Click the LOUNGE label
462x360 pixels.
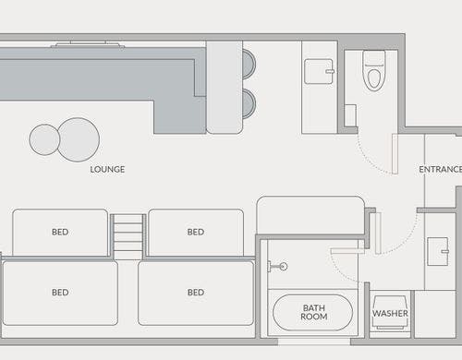coord(107,170)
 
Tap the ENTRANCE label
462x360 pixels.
coord(441,170)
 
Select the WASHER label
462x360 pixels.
coord(390,314)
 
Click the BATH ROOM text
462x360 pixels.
coord(314,312)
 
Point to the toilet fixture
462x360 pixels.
coord(374,70)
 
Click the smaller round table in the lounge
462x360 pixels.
coord(44,139)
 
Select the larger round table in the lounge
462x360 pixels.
coord(79,139)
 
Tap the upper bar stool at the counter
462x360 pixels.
coord(249,65)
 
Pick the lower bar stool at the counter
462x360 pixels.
coord(249,103)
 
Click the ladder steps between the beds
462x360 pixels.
coord(128,237)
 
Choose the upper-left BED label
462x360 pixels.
coord(60,232)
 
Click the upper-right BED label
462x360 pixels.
coord(196,232)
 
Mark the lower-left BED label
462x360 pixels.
coord(60,293)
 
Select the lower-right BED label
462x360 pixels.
coord(196,293)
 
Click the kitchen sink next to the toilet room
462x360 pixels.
coord(319,71)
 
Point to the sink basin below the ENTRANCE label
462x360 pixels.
coord(438,251)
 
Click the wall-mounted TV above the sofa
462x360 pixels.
coord(88,44)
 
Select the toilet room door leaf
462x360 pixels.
coord(395,154)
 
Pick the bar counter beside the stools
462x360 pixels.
coord(225,88)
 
